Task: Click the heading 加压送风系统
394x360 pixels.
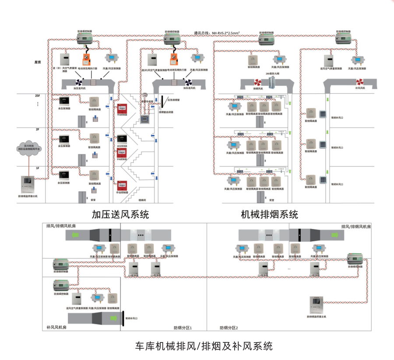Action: pyautogui.click(x=120, y=215)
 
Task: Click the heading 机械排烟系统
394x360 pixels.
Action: pyautogui.click(x=270, y=215)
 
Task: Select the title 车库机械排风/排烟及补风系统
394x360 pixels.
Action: pyautogui.click(x=204, y=346)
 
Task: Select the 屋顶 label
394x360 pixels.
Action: pyautogui.click(x=38, y=62)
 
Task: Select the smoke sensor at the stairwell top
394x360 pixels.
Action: pyautogui.click(x=144, y=95)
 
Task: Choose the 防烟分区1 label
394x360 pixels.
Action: pyautogui.click(x=183, y=328)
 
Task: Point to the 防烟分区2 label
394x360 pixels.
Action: pyautogui.click(x=229, y=328)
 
